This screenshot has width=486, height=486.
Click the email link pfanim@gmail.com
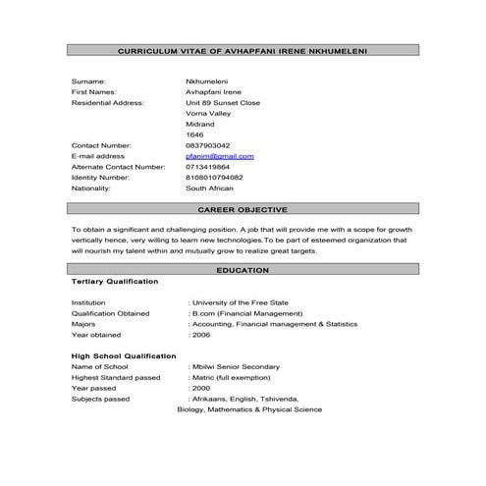pos(220,156)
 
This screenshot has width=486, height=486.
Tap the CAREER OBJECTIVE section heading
pos(243,210)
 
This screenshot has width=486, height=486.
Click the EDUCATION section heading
pos(243,269)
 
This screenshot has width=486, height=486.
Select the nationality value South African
pos(209,189)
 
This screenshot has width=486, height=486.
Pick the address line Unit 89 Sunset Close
pos(223,102)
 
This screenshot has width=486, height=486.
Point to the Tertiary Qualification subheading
pos(115,282)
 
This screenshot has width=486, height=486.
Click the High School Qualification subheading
pos(124,355)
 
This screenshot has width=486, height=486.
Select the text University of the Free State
pos(240,302)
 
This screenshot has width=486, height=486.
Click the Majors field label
pos(84,324)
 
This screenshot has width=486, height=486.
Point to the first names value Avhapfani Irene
pos(213,91)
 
